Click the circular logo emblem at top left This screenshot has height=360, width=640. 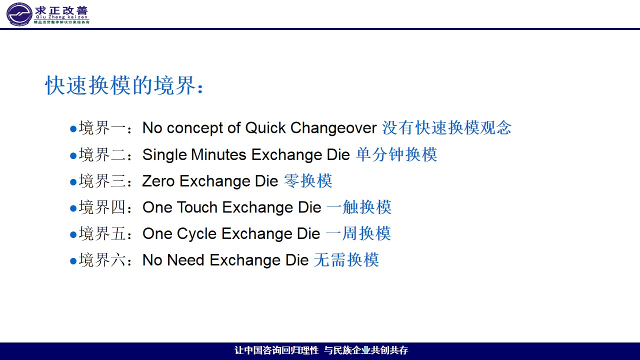point(19,14)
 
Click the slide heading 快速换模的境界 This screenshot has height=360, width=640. point(120,85)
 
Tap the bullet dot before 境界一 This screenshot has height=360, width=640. point(73,129)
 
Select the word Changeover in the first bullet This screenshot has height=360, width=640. point(333,128)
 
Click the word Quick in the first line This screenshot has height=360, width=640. point(265,127)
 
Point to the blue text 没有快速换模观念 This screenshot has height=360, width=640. point(446,127)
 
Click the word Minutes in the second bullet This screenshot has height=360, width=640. point(218,154)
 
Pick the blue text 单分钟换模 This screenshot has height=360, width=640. point(396,154)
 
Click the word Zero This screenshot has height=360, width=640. point(158,181)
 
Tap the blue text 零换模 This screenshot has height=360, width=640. point(308,180)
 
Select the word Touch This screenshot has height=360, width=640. point(197,207)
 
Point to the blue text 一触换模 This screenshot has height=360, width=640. point(359,207)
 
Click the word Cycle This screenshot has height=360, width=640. point(196,234)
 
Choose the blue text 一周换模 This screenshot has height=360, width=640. point(358,233)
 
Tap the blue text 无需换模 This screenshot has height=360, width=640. point(346,259)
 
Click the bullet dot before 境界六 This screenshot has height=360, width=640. point(73,261)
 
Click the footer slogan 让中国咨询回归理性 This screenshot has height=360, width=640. point(276,350)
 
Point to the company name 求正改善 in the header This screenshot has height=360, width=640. point(61,10)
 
